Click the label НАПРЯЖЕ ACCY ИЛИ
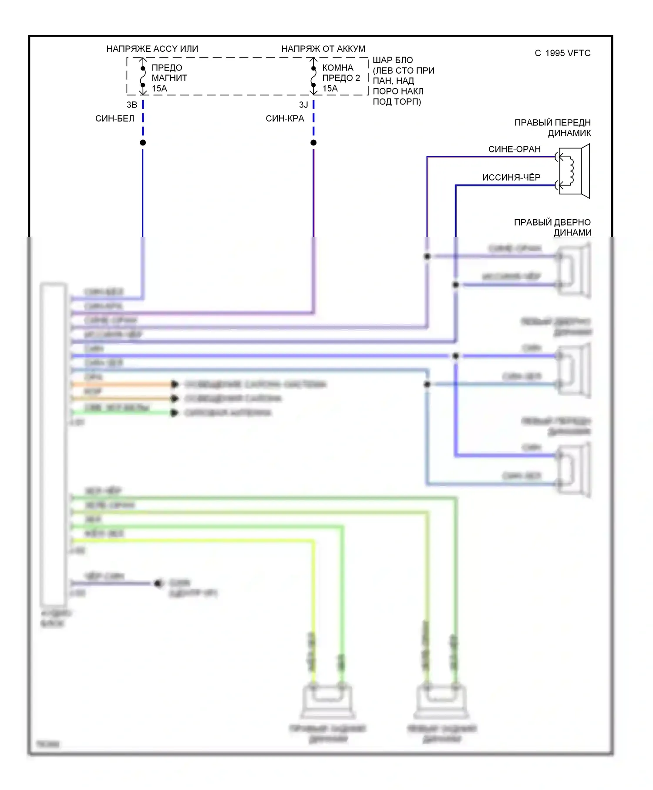click(152, 49)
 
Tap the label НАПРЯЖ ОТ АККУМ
click(323, 49)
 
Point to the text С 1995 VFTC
click(562, 53)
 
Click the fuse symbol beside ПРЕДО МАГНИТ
click(143, 77)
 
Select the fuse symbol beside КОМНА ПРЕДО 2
click(313, 77)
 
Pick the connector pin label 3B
click(132, 105)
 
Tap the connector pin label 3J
click(303, 105)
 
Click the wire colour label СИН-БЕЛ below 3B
click(114, 118)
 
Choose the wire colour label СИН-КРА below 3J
click(285, 118)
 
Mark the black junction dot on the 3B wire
click(143, 142)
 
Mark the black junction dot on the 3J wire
click(313, 142)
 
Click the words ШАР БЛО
click(392, 60)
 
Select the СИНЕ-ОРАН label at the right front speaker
click(514, 149)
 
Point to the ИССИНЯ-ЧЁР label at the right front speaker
click(511, 177)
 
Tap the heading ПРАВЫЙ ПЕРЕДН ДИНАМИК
click(552, 128)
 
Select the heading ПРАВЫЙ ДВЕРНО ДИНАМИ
click(552, 227)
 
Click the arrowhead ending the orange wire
click(175, 384)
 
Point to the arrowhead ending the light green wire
click(175, 412)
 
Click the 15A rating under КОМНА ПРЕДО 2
click(330, 88)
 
